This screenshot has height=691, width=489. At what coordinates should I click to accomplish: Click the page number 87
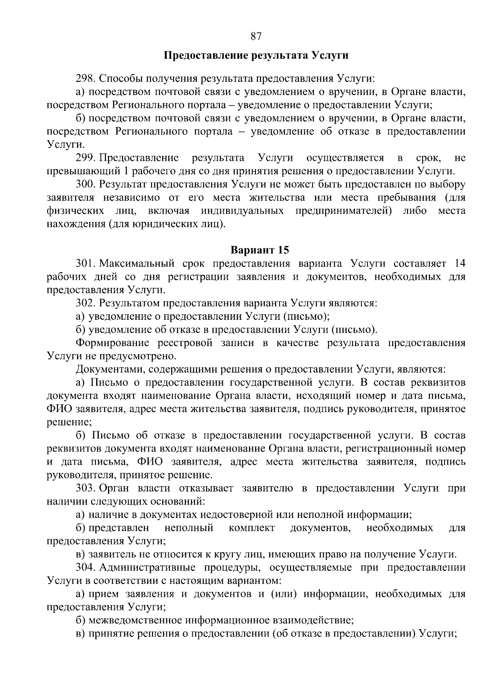coord(256,37)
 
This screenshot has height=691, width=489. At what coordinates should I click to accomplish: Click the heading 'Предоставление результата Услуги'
coord(256,55)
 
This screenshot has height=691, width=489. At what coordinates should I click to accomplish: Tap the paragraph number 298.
coord(85,78)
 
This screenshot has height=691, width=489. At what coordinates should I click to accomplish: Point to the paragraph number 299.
coord(85,158)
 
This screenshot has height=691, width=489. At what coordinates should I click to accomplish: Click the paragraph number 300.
coord(85,184)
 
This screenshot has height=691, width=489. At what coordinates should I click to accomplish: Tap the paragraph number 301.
coord(85,263)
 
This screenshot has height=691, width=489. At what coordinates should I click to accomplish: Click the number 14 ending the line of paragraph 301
coord(459,263)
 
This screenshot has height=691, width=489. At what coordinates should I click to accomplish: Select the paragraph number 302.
coord(85,303)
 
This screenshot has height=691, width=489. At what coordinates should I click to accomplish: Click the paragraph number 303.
coord(85,488)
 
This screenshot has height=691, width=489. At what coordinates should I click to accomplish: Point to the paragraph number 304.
coord(85,568)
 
